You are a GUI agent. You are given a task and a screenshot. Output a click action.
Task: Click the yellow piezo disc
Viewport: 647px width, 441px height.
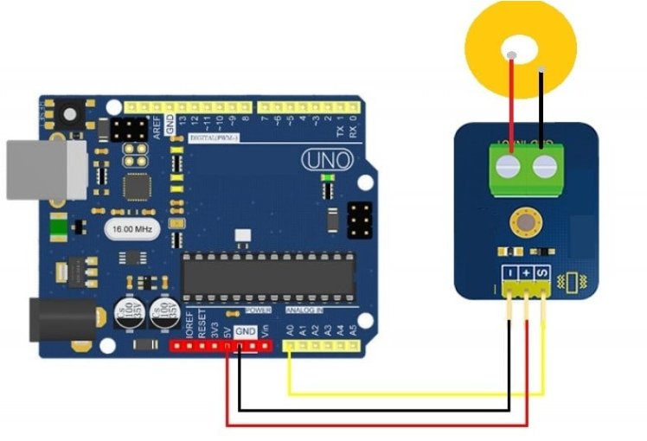click(484, 35)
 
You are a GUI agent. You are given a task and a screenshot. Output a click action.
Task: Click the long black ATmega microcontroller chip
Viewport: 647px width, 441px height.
click(267, 276)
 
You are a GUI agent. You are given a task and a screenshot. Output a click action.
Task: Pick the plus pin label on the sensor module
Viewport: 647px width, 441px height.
click(527, 274)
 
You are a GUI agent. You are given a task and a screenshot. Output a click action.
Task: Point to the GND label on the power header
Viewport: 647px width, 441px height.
click(246, 330)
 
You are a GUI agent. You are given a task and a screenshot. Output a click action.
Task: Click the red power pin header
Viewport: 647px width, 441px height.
click(220, 347)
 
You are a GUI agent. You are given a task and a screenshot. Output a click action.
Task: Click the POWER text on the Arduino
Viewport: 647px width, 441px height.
click(259, 310)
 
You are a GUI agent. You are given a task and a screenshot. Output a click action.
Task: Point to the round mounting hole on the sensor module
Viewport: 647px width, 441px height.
click(523, 223)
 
